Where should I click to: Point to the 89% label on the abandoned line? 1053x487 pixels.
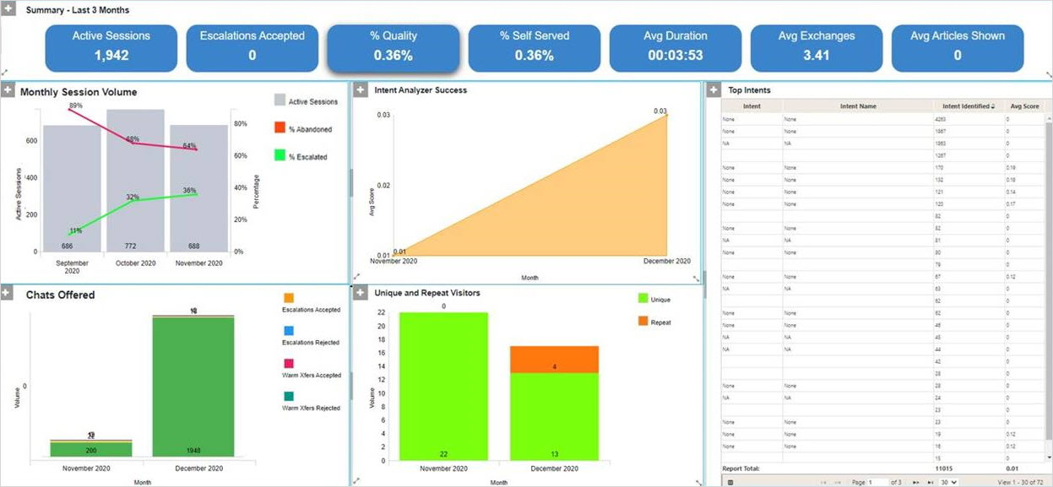tap(75, 106)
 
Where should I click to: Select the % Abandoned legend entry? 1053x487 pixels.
tap(302, 129)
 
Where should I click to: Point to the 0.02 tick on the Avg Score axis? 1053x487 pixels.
tap(383, 185)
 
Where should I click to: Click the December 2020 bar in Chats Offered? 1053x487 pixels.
tap(194, 388)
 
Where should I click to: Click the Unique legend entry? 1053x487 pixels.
tap(659, 299)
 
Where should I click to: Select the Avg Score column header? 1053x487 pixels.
tap(1023, 106)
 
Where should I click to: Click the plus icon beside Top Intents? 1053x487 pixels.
tap(714, 90)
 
